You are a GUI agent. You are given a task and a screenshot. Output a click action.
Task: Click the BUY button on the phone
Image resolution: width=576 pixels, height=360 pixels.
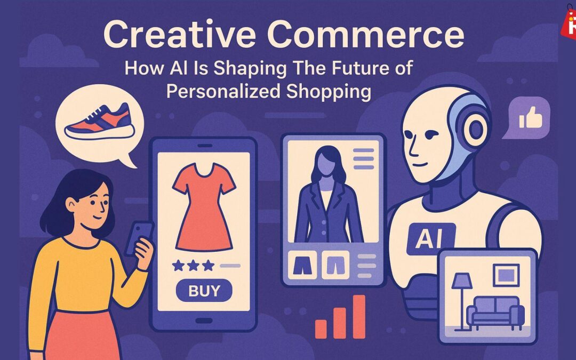[204, 290]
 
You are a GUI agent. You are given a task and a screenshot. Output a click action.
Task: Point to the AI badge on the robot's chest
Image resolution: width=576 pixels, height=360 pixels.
[430, 238]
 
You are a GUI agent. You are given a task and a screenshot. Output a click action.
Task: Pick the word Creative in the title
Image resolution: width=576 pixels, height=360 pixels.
[180, 34]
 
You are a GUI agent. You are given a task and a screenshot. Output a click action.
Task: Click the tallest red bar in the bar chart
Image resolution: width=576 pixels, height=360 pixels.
[359, 316]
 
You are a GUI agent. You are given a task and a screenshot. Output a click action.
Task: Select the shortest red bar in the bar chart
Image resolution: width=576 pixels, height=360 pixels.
[321, 329]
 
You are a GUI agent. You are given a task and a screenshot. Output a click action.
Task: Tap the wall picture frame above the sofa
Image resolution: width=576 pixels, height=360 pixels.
[506, 275]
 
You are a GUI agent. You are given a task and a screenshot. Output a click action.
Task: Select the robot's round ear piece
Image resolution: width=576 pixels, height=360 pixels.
[476, 129]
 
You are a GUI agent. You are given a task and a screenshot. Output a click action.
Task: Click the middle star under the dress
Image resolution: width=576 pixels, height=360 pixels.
[193, 265]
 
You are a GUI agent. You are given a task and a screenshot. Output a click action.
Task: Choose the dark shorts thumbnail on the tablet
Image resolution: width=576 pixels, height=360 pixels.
[302, 265]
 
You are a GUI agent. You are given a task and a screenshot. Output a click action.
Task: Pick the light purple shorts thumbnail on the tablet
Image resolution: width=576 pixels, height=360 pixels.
[335, 265]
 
